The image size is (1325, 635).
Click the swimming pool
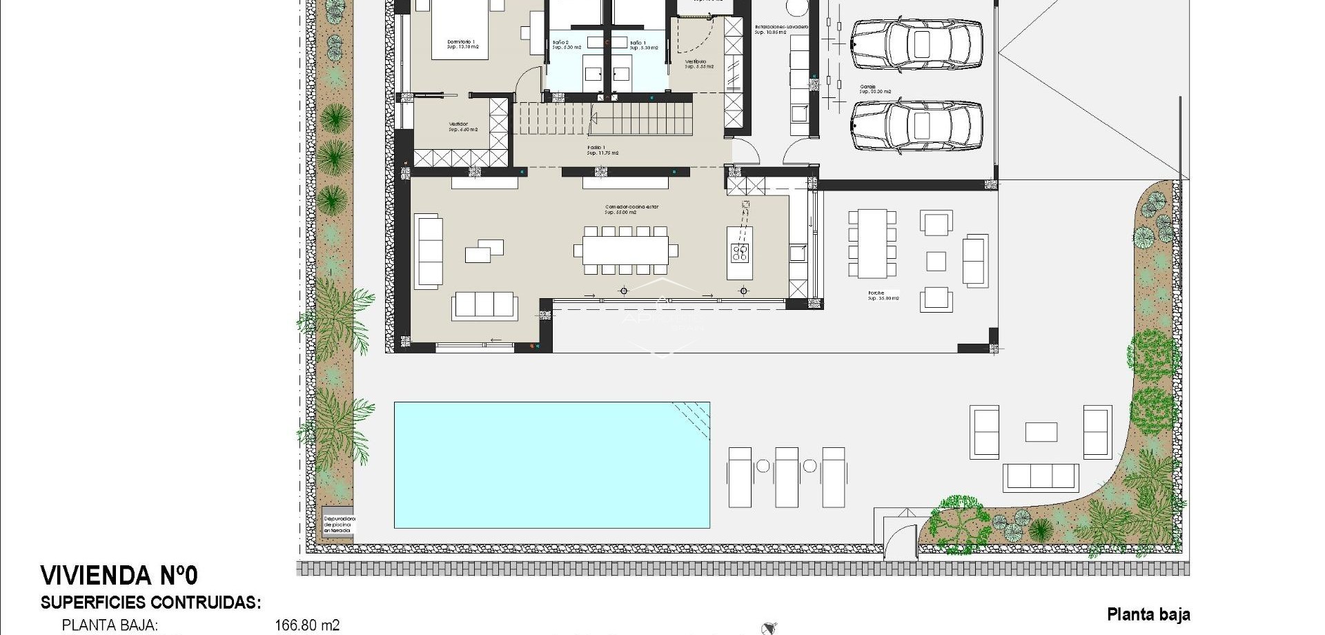tap(551, 465)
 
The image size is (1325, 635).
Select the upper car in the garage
tap(916, 45)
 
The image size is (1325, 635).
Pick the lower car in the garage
tap(916, 126)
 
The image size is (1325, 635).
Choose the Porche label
tap(883, 295)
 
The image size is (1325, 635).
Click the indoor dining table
tap(625, 250)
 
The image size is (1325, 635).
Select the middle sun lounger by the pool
tap(786, 476)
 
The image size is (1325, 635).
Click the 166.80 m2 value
tap(306, 625)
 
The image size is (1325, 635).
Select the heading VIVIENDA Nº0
tap(119, 576)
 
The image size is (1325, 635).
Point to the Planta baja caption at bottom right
tap(1148, 614)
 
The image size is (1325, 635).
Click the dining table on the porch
tap(872, 243)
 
